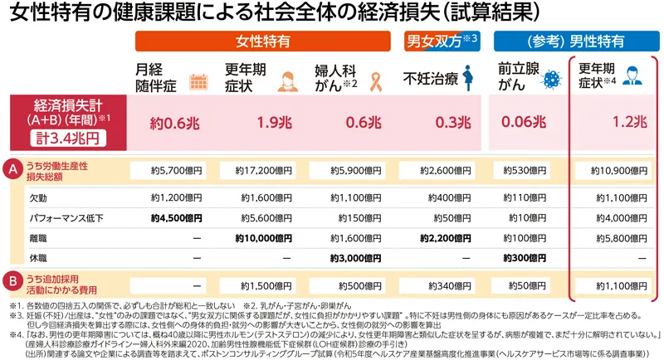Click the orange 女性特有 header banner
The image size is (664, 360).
point(262,40)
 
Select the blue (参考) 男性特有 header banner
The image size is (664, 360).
point(570,40)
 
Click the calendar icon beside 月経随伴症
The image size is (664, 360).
point(198,81)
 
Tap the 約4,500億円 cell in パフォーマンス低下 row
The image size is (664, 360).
point(176,218)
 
